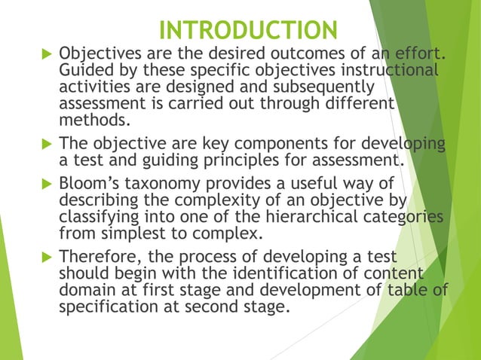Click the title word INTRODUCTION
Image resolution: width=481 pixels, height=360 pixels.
[x=249, y=31]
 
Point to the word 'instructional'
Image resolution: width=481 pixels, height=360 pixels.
[x=394, y=71]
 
